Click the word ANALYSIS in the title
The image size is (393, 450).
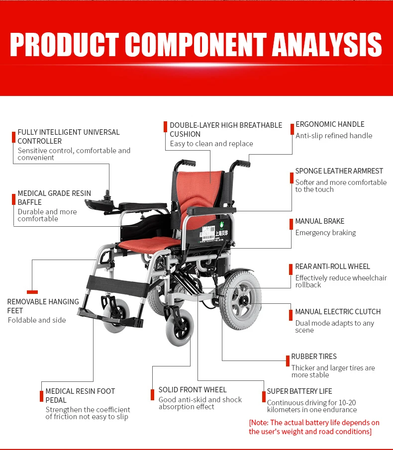(x=327, y=45)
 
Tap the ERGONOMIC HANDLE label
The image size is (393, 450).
(x=330, y=124)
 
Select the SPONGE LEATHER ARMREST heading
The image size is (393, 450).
(x=339, y=171)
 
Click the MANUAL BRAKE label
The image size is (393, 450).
(x=320, y=221)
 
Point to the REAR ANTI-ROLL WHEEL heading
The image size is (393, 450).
(x=333, y=267)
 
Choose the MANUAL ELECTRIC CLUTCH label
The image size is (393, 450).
(x=338, y=312)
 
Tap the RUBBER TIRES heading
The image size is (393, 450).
(x=314, y=357)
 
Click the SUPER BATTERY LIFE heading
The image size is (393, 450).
(x=299, y=391)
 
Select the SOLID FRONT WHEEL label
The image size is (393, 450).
(x=193, y=390)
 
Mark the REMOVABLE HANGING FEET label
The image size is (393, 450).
(x=43, y=306)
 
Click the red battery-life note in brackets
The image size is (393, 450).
(x=314, y=427)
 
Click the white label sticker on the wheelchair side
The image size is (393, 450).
(x=208, y=233)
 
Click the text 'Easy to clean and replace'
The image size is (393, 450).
(x=211, y=144)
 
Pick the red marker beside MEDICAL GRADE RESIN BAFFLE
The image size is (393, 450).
(x=13, y=199)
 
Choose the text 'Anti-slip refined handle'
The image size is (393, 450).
(x=334, y=136)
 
